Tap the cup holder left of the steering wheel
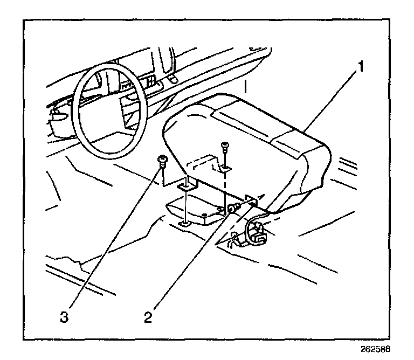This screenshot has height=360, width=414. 58,121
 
